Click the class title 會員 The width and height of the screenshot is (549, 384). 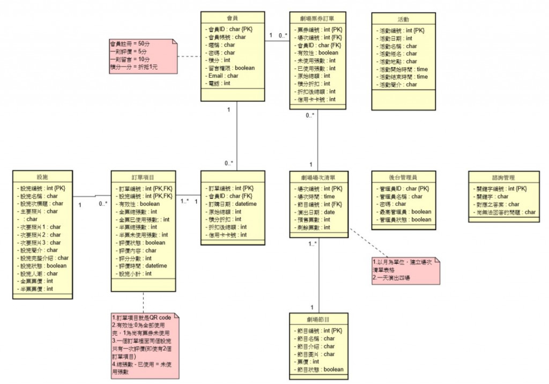tap(233, 18)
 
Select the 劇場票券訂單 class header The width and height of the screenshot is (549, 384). tap(318, 18)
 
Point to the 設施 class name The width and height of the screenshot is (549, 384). tap(42, 177)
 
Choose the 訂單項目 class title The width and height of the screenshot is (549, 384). tap(143, 177)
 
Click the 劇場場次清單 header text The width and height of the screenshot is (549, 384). tap(318, 177)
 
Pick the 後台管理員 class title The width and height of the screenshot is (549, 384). tap(403, 177)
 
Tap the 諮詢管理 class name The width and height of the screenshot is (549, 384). tap(502, 177)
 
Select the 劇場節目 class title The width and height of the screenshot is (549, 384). tap(318, 320)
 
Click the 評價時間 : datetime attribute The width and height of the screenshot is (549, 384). tap(142, 265)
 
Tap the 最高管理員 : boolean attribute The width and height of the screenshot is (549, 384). tap(405, 212)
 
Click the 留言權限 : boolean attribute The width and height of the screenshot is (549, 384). tap(231, 68)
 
